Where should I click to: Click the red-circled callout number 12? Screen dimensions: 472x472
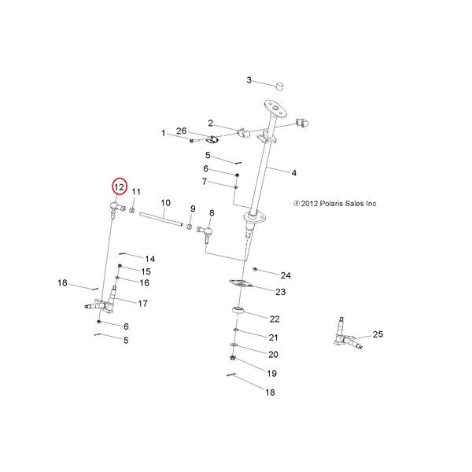click(x=120, y=187)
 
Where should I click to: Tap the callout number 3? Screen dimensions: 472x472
click(x=249, y=80)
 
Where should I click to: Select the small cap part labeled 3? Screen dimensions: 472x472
click(x=280, y=86)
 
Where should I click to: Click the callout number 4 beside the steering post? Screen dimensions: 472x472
click(x=293, y=173)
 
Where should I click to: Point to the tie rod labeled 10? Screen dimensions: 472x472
click(x=161, y=219)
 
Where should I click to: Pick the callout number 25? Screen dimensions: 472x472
click(x=378, y=334)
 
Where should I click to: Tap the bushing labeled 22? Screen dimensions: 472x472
click(x=238, y=310)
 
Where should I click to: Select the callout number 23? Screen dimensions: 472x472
click(x=280, y=292)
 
